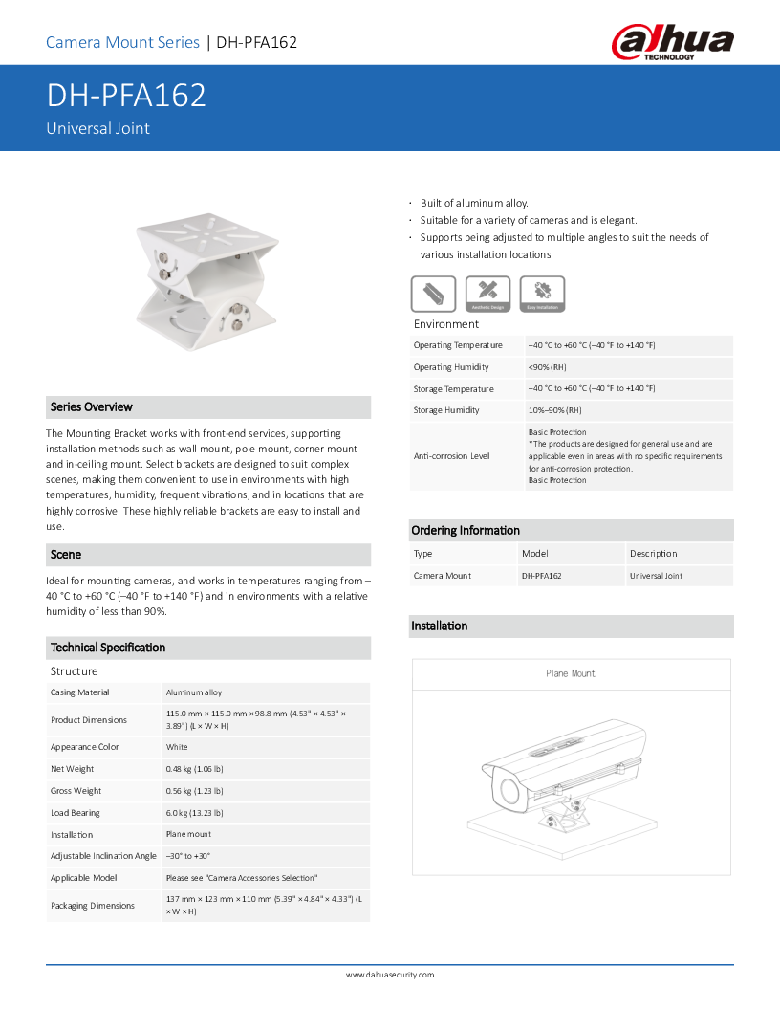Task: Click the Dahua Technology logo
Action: (x=673, y=44)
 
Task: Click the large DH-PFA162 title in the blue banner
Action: (x=126, y=97)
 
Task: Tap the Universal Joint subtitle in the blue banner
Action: (x=98, y=128)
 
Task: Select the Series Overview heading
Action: (x=92, y=407)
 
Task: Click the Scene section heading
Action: (x=66, y=555)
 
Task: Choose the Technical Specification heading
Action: (x=108, y=648)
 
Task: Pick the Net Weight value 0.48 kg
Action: (x=194, y=769)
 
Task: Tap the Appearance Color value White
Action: (x=177, y=747)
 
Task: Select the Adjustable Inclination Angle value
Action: (x=187, y=856)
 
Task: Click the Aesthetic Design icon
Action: (x=487, y=294)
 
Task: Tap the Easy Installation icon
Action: (x=543, y=294)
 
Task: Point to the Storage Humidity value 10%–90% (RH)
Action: (x=554, y=410)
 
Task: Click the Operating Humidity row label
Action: (x=451, y=367)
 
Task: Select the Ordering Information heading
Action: (x=466, y=531)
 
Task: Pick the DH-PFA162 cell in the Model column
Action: (x=541, y=576)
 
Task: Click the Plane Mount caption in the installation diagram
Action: (x=571, y=674)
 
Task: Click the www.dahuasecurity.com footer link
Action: (x=390, y=975)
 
